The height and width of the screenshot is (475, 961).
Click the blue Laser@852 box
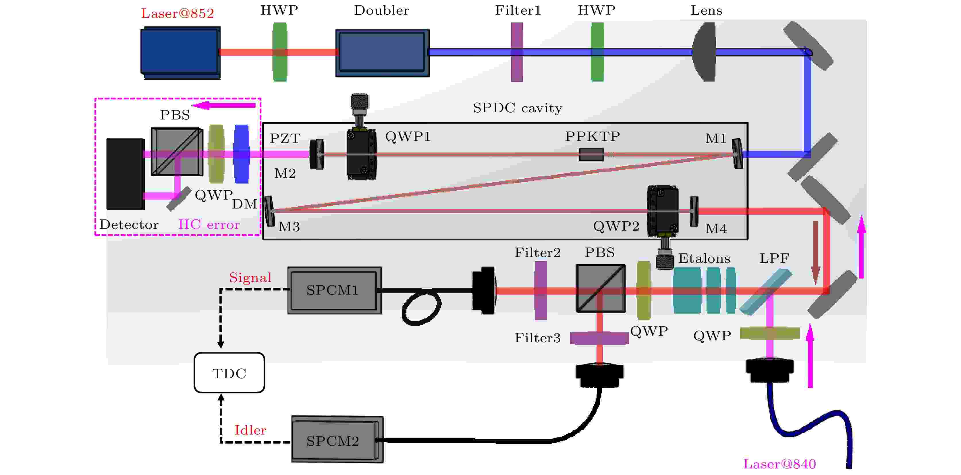(x=180, y=52)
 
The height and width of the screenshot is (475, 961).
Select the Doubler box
(x=382, y=52)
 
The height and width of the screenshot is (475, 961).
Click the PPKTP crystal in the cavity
(x=591, y=154)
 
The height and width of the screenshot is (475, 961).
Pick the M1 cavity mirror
(x=737, y=153)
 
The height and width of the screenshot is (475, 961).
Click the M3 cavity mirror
(x=269, y=211)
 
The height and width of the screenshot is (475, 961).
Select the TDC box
(x=229, y=373)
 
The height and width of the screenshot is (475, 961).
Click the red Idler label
(x=250, y=430)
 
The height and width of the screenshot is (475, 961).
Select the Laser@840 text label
(x=779, y=464)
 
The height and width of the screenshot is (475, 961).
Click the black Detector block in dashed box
(x=125, y=173)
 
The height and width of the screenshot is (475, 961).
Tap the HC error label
(x=209, y=224)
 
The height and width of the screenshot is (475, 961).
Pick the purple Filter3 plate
(x=599, y=338)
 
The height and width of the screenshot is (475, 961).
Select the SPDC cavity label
(x=518, y=108)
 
